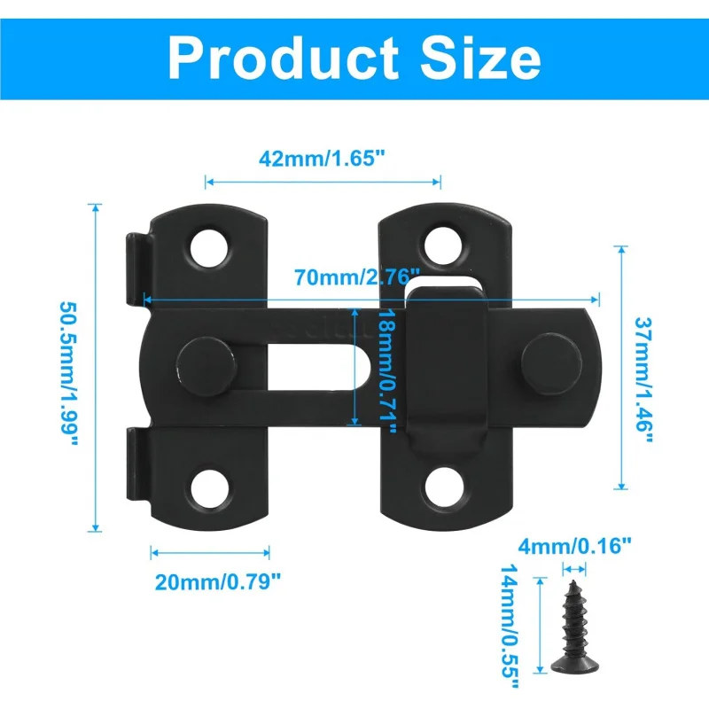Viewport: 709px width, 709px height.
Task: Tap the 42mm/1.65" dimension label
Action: pyautogui.click(x=323, y=160)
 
